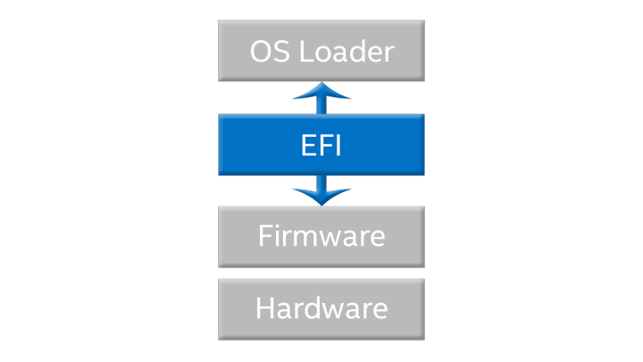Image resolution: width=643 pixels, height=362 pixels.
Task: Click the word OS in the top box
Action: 271,51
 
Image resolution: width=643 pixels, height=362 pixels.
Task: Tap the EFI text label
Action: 321,145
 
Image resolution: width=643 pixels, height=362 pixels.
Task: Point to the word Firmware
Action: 321,237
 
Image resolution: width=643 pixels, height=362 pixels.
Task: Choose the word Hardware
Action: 321,308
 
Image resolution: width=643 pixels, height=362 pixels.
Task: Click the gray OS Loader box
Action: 231,51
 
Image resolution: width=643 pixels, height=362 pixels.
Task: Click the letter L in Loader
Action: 305,51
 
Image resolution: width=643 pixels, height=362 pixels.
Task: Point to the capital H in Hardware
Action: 265,308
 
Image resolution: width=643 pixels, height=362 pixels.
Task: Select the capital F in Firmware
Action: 265,237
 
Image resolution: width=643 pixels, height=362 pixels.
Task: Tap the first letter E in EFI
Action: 307,145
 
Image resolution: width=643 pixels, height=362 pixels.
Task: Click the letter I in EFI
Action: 338,145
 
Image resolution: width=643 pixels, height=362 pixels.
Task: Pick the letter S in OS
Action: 283,51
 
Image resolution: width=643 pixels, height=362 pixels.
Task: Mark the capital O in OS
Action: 263,51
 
